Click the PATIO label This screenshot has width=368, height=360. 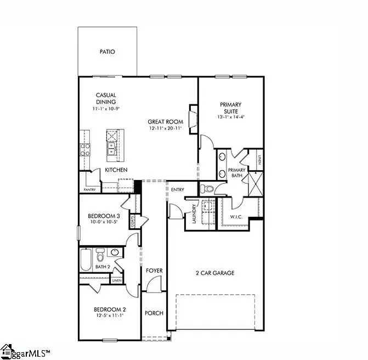(x=107, y=52)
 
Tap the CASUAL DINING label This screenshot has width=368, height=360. (x=106, y=98)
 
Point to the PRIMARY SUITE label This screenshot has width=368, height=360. (x=231, y=107)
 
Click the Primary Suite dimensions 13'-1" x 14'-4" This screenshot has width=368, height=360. (x=231, y=116)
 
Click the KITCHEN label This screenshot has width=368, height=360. (x=116, y=170)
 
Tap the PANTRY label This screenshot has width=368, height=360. (x=90, y=190)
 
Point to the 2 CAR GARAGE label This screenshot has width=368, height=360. (x=216, y=273)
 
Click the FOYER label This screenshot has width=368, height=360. (x=154, y=271)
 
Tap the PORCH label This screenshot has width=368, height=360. (x=154, y=313)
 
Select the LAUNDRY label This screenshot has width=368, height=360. (x=194, y=212)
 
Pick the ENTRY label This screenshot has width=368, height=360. (x=177, y=189)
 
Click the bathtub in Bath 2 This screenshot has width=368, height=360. (x=87, y=260)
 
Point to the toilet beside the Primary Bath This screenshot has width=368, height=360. (x=207, y=189)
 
